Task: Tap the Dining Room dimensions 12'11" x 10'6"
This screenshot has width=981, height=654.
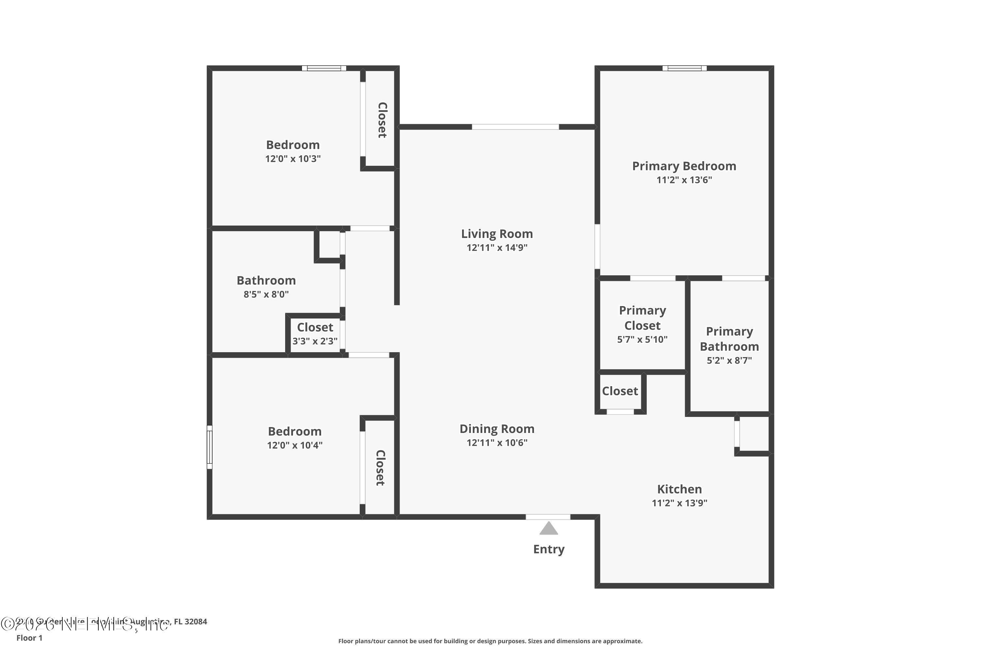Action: click(x=497, y=442)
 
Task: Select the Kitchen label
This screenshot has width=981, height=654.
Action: click(x=680, y=489)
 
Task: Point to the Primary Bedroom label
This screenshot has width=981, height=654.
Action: click(x=684, y=166)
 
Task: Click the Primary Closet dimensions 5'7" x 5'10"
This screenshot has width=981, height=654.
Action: click(x=642, y=339)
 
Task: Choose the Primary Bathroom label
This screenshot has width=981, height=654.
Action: click(x=729, y=339)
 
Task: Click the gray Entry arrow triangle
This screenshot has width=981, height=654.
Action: click(x=548, y=528)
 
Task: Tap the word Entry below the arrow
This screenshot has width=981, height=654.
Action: click(x=548, y=549)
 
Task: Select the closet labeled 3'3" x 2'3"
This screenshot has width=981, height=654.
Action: click(x=315, y=334)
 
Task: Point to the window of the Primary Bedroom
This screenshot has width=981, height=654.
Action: click(x=684, y=68)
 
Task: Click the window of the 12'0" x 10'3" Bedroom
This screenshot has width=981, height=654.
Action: click(x=324, y=68)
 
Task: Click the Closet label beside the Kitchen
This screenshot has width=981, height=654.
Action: click(x=620, y=391)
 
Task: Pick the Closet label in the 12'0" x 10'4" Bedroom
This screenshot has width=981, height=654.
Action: click(x=380, y=468)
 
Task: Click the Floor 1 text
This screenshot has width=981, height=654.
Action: click(x=29, y=638)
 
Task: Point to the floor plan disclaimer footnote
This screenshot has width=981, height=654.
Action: click(x=490, y=641)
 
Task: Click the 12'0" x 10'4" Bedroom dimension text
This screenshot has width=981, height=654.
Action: click(x=295, y=445)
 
